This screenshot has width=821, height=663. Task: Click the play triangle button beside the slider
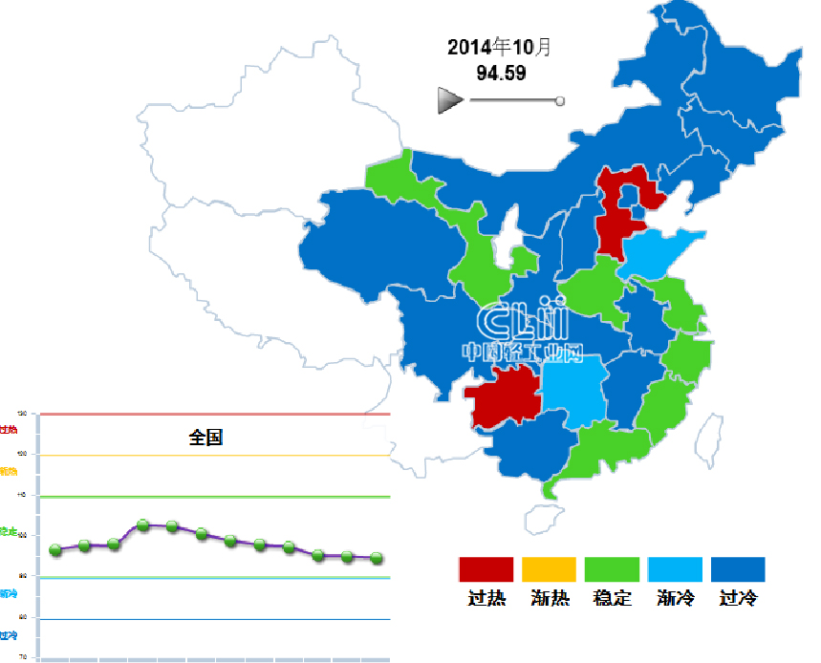click(449, 100)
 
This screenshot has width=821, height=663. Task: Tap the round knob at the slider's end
click(560, 100)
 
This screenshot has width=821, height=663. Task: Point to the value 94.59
click(501, 73)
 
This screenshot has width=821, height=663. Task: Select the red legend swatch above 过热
click(486, 569)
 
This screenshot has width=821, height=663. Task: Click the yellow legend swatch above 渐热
click(550, 569)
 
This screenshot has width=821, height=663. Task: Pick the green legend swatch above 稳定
click(612, 569)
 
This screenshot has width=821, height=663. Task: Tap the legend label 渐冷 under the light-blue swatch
click(676, 599)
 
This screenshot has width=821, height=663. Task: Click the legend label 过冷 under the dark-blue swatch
click(739, 599)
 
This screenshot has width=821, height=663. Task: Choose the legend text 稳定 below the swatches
click(613, 599)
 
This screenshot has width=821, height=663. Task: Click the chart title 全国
click(205, 438)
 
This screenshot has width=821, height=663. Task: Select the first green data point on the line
click(55, 549)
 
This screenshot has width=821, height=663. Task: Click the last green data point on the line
click(377, 558)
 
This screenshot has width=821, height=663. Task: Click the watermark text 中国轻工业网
click(522, 352)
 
